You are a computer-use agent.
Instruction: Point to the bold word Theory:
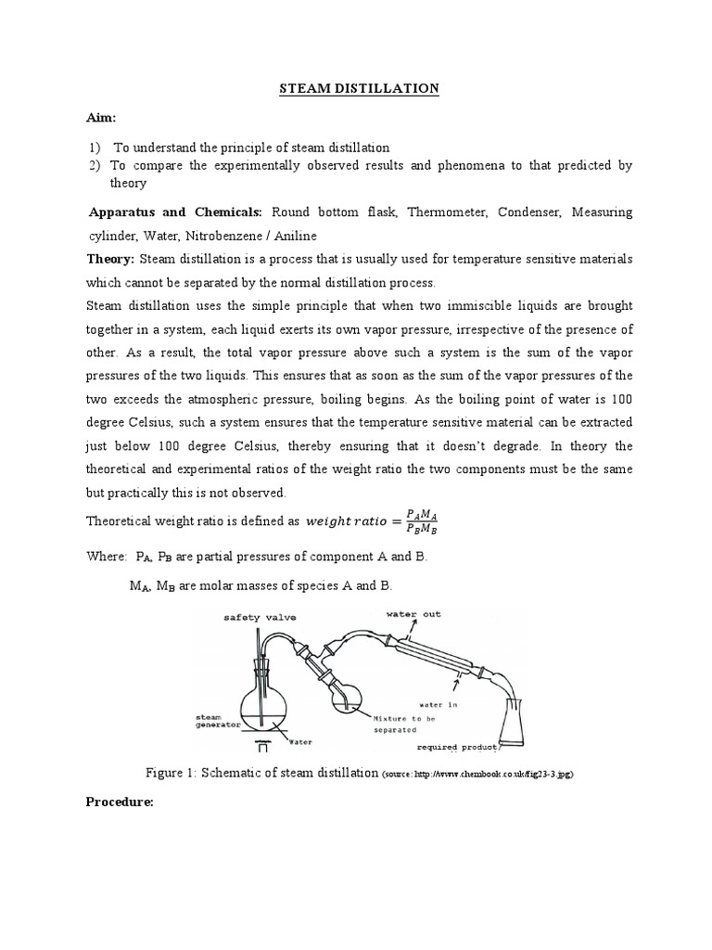(110, 257)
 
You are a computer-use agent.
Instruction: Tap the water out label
(415, 613)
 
